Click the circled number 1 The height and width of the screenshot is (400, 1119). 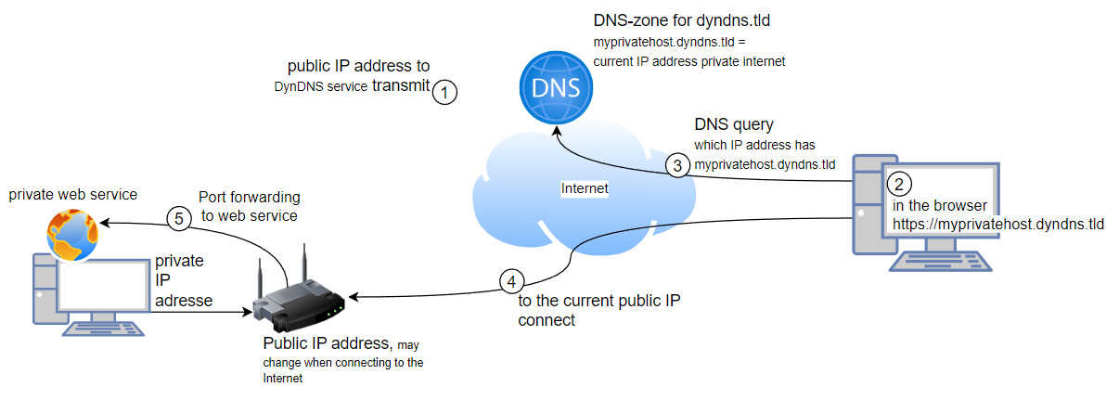pos(446,92)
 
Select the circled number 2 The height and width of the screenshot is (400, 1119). pos(897,182)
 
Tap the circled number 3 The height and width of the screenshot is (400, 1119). pos(678,166)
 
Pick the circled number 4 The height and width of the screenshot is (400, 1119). pos(510,280)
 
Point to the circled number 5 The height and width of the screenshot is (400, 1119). pos(179,218)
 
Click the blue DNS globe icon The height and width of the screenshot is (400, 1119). pos(554,89)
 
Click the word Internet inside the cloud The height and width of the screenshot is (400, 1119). pos(585,188)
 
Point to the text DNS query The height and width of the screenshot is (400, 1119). pos(734,124)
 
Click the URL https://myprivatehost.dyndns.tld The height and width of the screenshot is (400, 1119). pos(998,224)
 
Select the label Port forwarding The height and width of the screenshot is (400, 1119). pos(250,198)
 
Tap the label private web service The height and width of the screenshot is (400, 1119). pos(72,194)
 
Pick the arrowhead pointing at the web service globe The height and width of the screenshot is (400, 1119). pos(105,224)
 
